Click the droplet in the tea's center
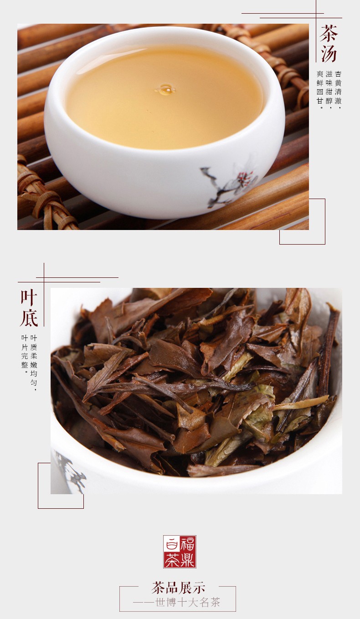coord(165,90)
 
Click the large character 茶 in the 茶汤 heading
coord(329,34)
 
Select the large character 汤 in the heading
coord(329,53)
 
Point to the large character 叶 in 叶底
coord(29,297)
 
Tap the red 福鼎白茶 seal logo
coord(180,552)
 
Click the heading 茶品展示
coord(178,588)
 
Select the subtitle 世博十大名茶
coord(188,603)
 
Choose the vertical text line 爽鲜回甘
coord(320,89)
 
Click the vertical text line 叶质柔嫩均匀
coord(33,363)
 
